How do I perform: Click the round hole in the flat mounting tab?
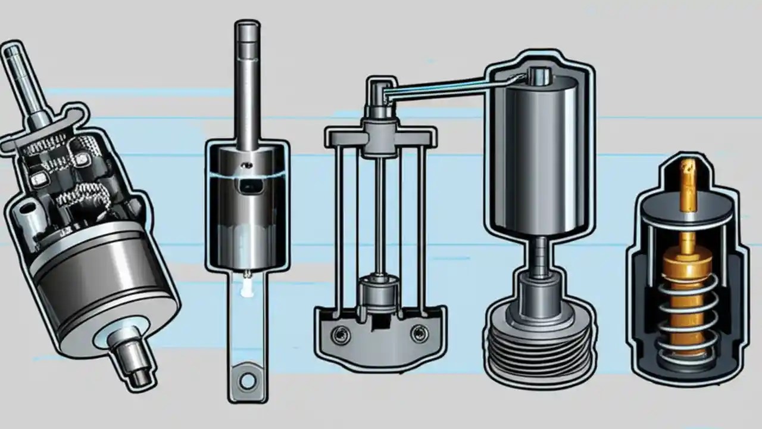tap(246, 379)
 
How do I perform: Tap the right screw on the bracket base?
tap(420, 334)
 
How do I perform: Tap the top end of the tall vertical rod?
tap(246, 30)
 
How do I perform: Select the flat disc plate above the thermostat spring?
tap(687, 216)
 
